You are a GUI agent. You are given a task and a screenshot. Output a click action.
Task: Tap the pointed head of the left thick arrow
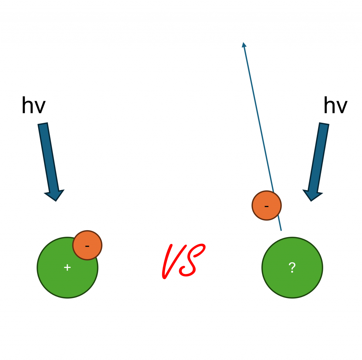tap(55, 196)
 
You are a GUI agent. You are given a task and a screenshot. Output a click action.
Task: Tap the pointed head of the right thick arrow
tap(312, 196)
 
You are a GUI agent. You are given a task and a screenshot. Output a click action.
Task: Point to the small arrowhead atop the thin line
tap(244, 45)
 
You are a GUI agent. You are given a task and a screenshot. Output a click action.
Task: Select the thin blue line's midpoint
tap(262, 137)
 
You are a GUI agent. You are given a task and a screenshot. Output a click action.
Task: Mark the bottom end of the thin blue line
tap(281, 230)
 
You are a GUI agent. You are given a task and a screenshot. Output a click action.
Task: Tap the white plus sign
tap(67, 268)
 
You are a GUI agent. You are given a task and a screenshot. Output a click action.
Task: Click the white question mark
tap(292, 268)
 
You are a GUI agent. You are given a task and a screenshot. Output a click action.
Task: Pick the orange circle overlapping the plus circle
tap(87, 245)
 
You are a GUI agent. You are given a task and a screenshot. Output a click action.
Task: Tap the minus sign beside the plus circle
tap(87, 246)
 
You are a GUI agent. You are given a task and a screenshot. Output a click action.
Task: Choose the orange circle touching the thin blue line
tap(267, 205)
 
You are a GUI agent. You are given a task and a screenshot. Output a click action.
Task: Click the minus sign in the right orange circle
tap(267, 206)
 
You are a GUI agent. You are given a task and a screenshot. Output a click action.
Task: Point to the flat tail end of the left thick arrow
tap(43, 124)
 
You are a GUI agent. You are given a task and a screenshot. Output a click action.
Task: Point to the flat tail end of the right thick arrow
tap(324, 124)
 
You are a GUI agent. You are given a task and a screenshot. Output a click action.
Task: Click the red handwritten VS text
tap(182, 261)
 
